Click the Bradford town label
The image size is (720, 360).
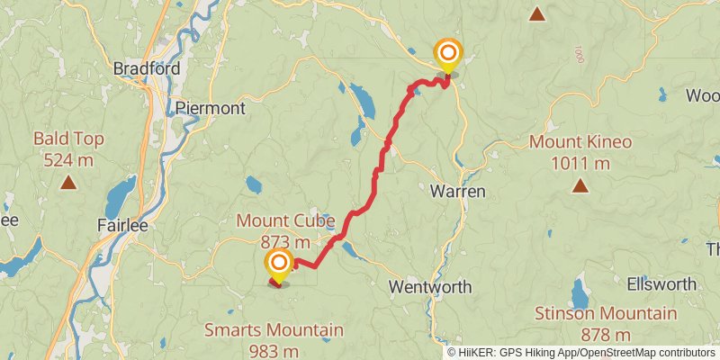click(x=147, y=68)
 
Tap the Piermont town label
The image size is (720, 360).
click(x=210, y=108)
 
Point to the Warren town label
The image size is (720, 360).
click(x=457, y=191)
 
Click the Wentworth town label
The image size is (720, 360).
click(x=430, y=286)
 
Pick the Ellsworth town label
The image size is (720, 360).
click(x=663, y=284)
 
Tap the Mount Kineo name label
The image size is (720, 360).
click(x=580, y=142)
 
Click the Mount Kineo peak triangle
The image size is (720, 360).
click(x=580, y=186)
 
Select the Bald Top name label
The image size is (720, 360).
click(x=68, y=139)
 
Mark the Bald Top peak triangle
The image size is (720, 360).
click(x=68, y=183)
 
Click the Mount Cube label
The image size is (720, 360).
click(x=285, y=220)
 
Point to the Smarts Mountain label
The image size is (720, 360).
click(x=274, y=330)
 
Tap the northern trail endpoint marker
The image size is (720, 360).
click(x=447, y=53)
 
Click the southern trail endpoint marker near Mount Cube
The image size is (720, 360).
click(x=279, y=264)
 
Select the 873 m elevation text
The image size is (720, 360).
click(x=285, y=241)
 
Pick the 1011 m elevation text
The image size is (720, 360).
click(x=580, y=163)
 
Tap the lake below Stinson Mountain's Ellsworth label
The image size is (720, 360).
click(x=580, y=292)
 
